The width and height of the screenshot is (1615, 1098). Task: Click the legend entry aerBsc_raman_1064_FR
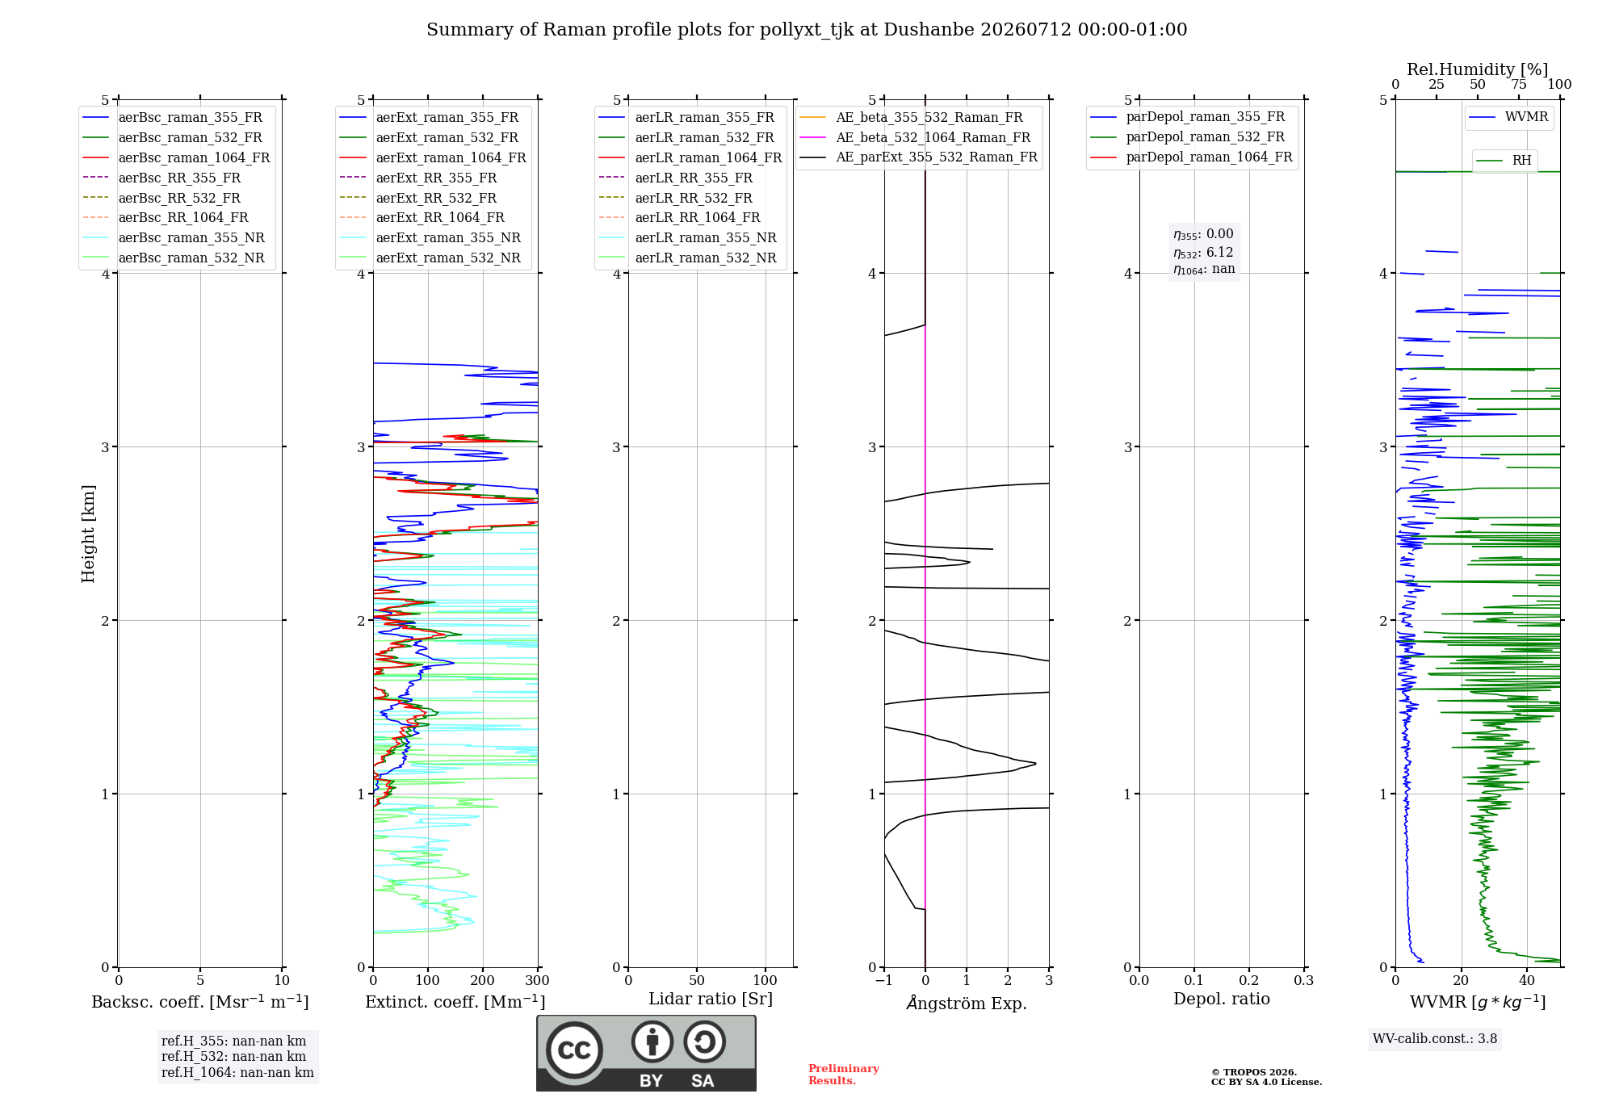coord(176,157)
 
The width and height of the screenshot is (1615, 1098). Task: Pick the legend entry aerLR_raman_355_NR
coord(687,237)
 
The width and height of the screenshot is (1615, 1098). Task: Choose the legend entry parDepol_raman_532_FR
coord(1187,137)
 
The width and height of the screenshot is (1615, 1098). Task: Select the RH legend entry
coord(1504,161)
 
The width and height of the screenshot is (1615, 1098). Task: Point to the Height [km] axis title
coord(88,534)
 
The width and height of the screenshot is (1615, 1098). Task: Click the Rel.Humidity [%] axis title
coord(1478,69)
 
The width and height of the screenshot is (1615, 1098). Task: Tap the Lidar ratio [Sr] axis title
coord(711,999)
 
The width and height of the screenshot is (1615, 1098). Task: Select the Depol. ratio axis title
coord(1222,999)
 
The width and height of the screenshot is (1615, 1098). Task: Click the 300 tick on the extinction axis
coord(538,981)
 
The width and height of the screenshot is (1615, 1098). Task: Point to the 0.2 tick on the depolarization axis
coord(1249,981)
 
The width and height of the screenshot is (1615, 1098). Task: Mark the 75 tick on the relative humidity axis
coord(1519,85)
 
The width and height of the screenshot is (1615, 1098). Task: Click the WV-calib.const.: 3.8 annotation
coord(1435,1039)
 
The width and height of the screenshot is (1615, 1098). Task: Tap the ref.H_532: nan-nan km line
coord(234,1056)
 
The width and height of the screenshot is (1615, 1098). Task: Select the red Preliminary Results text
coord(844,1075)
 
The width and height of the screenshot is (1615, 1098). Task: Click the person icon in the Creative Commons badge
coord(652,1041)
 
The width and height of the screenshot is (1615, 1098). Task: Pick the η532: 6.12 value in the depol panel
coord(1203,253)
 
